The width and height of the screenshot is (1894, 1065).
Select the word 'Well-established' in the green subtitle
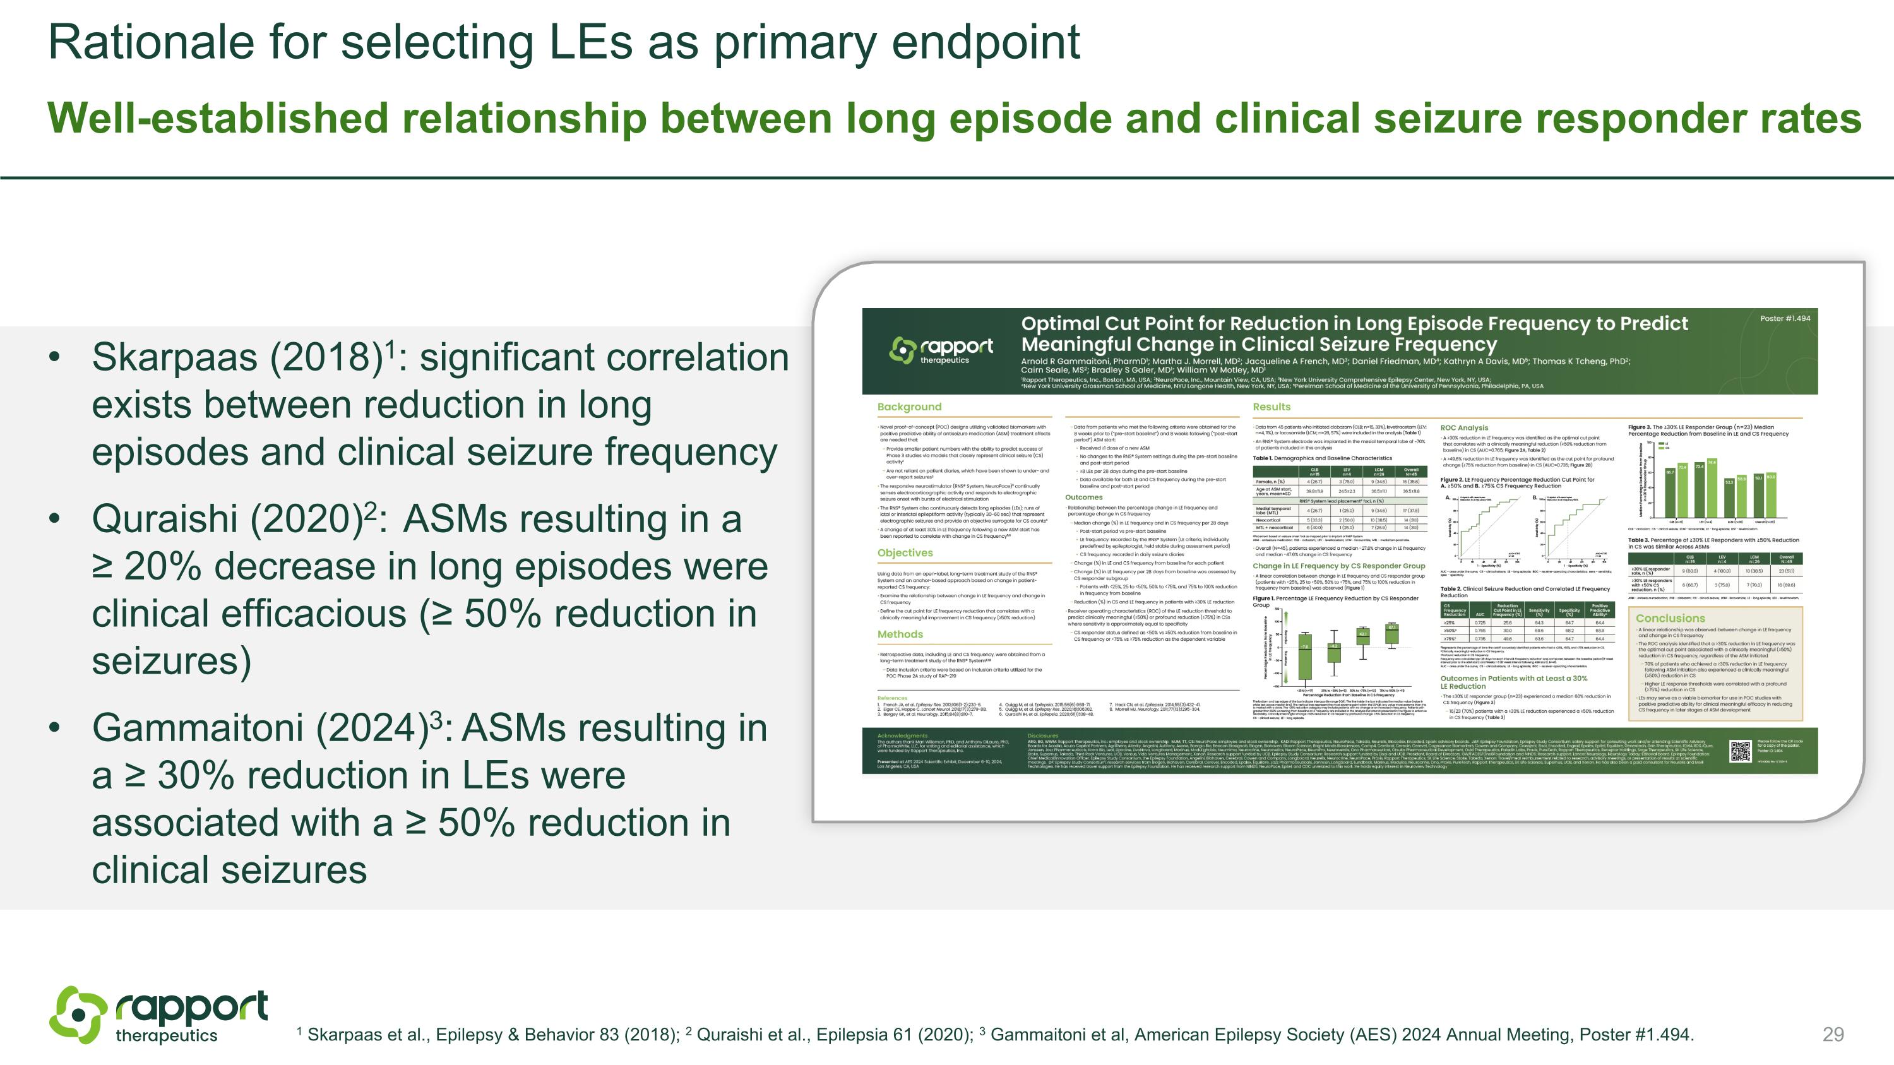218,118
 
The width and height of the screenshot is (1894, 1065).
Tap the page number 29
1833,1034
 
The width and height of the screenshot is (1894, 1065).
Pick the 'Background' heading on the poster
908,407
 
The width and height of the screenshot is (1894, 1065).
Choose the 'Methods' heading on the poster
899,634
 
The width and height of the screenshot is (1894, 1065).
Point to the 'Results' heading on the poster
1272,407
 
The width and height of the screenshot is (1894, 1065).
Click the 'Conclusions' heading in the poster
1670,619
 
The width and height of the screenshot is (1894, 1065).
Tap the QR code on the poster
1739,751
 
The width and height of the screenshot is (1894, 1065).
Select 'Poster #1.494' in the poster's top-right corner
1784,318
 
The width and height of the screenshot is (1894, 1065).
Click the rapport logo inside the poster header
941,350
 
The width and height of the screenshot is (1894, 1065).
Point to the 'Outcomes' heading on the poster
1084,497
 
